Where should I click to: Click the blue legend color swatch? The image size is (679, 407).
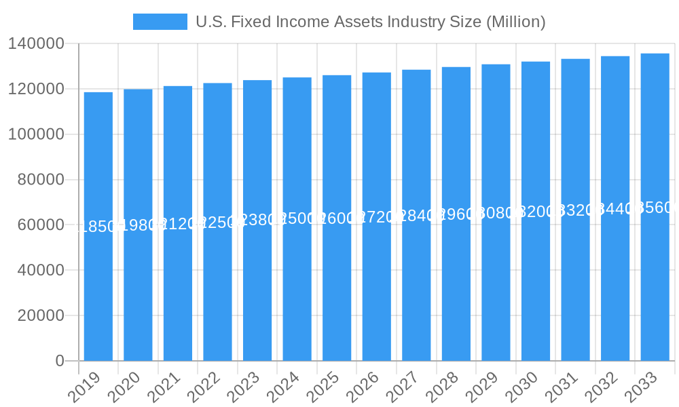[x=160, y=22]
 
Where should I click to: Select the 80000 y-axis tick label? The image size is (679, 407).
[x=41, y=180]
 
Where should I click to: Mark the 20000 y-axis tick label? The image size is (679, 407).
[x=41, y=315]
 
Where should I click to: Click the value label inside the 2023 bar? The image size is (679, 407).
[x=257, y=220]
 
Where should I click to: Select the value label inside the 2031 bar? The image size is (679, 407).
[x=575, y=210]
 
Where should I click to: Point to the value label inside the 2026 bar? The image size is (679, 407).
[x=377, y=217]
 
